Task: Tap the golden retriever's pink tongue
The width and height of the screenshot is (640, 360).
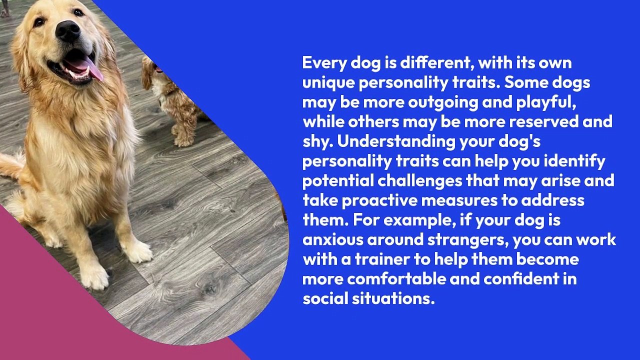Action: tap(90, 67)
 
